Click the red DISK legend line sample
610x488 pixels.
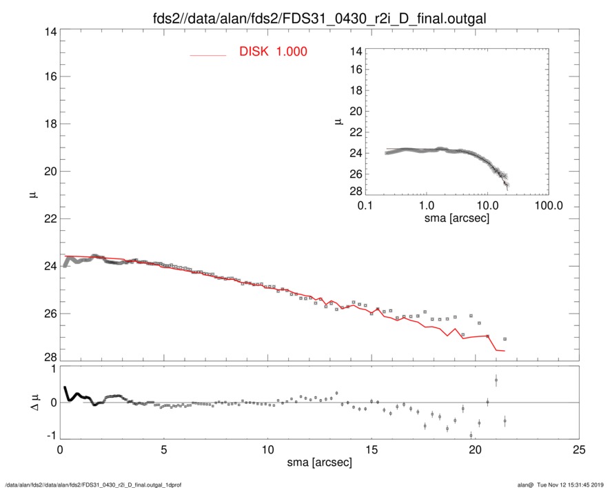click(x=208, y=54)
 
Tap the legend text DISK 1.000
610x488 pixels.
click(x=273, y=52)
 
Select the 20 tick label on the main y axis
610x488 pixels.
click(x=48, y=172)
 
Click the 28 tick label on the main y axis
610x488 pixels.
click(x=48, y=358)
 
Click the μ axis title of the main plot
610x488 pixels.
click(x=32, y=195)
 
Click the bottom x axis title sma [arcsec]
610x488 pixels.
click(x=319, y=462)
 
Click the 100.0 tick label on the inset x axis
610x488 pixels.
click(x=548, y=206)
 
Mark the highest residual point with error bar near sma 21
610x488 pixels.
click(x=496, y=380)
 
